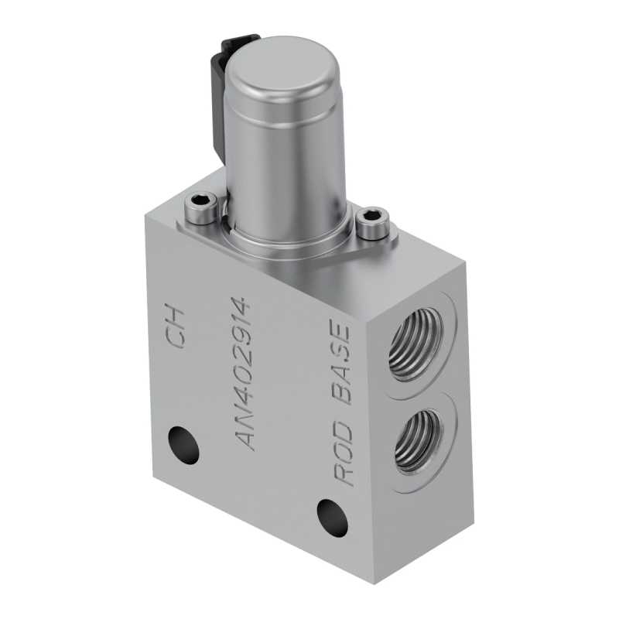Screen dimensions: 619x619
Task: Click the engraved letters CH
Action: click(175, 325)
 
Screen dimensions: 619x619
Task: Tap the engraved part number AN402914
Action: click(243, 374)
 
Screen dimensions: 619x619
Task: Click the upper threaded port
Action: click(416, 344)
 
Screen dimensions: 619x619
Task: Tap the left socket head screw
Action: click(201, 208)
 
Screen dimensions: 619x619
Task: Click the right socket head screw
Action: click(373, 224)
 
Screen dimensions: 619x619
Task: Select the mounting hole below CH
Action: click(183, 445)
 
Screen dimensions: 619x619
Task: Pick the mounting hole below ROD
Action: click(333, 518)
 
